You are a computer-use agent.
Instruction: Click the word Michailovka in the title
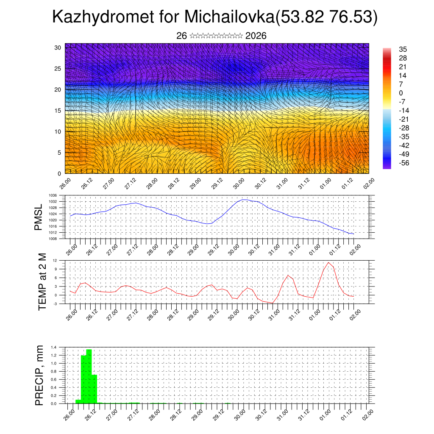click(x=229, y=17)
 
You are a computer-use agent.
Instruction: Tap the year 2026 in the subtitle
click(x=256, y=36)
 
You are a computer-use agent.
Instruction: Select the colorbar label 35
click(x=403, y=49)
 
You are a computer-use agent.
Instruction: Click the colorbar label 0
click(x=401, y=93)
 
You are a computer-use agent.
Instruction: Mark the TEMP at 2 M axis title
click(x=42, y=281)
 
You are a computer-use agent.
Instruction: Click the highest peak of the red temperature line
click(x=328, y=262)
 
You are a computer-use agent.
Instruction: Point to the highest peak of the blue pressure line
click(x=244, y=200)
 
